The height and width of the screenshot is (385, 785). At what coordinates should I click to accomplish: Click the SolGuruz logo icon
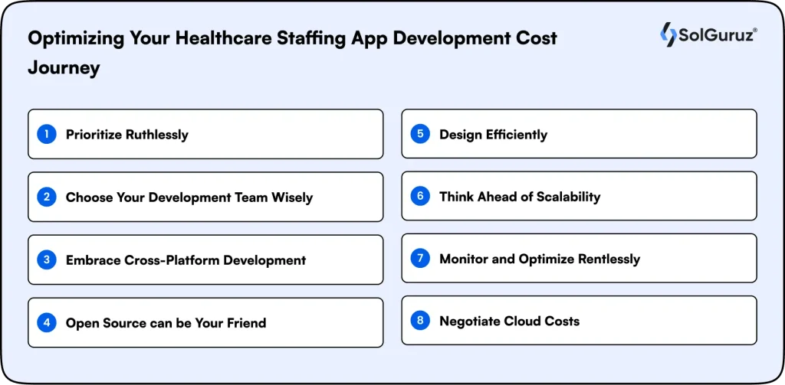point(668,34)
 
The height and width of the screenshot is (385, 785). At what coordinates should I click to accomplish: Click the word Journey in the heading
point(64,68)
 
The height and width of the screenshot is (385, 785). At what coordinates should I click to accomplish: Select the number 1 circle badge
point(47,134)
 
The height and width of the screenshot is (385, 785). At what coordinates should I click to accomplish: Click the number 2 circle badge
point(47,197)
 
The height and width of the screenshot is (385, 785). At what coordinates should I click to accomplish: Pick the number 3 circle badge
point(47,259)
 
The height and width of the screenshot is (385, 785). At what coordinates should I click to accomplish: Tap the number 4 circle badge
point(47,322)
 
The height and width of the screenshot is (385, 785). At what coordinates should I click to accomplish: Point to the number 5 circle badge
point(420,134)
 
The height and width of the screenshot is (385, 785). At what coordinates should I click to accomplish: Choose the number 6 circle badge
point(420,196)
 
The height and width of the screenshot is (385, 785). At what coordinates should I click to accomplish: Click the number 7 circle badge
point(420,258)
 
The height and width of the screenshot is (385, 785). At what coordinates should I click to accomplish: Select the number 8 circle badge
point(420,321)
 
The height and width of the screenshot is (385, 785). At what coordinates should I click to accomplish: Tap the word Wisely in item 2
point(292,197)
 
